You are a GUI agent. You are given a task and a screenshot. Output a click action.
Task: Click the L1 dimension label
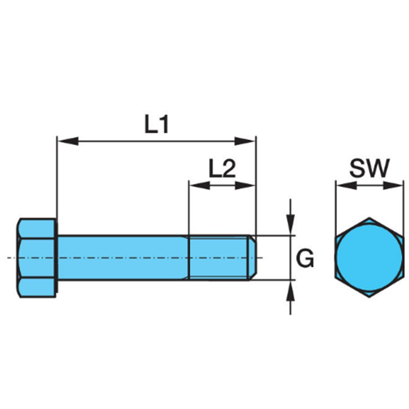157,125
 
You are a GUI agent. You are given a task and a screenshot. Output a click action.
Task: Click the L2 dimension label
222,169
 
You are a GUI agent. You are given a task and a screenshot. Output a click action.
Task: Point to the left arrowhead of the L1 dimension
68,141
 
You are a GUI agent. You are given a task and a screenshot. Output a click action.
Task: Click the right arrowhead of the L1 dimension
245,141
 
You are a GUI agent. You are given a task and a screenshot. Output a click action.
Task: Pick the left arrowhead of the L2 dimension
200,186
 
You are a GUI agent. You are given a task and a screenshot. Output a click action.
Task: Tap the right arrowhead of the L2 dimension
245,186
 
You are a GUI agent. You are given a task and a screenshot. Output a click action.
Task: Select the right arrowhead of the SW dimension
393,186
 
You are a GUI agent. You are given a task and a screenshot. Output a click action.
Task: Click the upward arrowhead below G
290,290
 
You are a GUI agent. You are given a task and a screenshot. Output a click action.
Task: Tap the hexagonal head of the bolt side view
37,258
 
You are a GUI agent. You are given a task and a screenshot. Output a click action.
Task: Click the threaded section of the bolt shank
218,258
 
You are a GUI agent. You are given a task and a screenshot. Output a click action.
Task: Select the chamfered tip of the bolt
252,258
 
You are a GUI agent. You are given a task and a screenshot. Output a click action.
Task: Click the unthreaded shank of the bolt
123,258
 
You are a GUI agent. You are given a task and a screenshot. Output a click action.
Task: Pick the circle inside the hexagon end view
369,257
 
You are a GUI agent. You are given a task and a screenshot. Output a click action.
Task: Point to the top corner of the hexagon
369,217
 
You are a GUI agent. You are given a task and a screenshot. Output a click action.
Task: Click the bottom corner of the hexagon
369,297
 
